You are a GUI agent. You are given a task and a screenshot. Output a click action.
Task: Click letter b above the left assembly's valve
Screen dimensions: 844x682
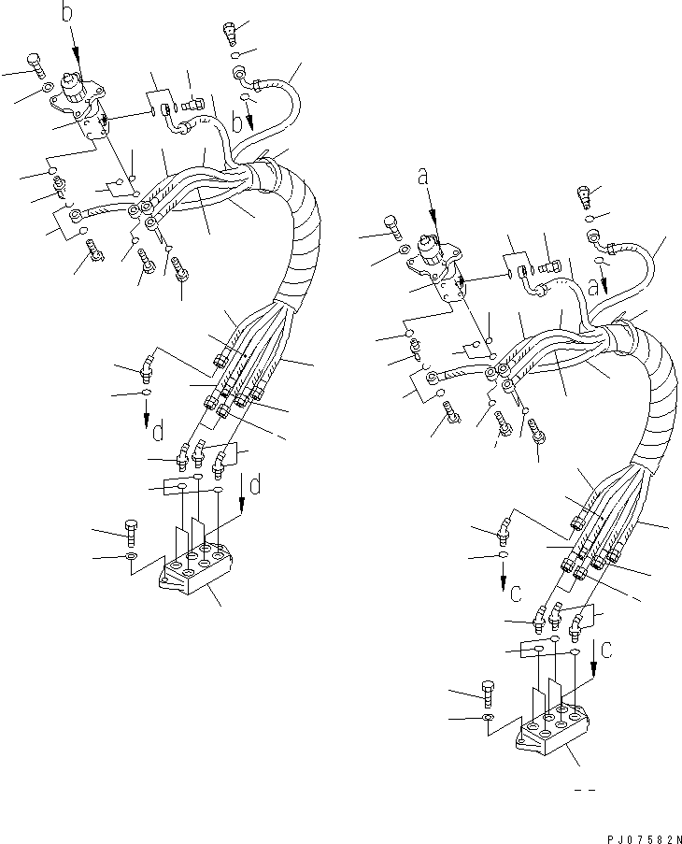pyautogui.click(x=66, y=13)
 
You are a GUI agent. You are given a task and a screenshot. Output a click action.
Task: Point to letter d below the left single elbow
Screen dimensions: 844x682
pyautogui.click(x=157, y=433)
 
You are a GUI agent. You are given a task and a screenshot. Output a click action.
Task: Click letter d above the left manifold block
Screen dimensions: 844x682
pyautogui.click(x=255, y=485)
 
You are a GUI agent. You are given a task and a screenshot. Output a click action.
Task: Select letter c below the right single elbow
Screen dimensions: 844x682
pyautogui.click(x=514, y=591)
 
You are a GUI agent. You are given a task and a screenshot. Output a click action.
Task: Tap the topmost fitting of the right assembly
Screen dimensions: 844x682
pyautogui.click(x=586, y=197)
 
